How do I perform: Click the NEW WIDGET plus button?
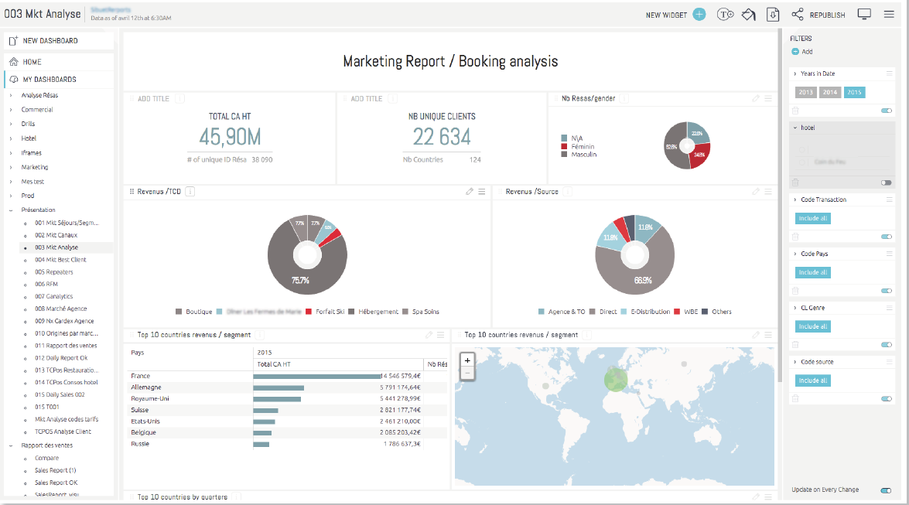click(x=699, y=15)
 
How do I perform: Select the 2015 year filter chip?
click(x=854, y=92)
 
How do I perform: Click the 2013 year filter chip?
click(x=806, y=92)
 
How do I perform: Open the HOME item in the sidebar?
click(x=32, y=62)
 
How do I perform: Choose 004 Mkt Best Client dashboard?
click(x=60, y=260)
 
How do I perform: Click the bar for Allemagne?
click(x=279, y=387)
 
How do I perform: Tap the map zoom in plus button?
click(x=467, y=360)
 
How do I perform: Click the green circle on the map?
click(x=616, y=378)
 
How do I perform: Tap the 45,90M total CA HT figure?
click(x=230, y=138)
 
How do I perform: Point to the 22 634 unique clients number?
click(x=442, y=138)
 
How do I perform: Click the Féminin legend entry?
click(x=582, y=146)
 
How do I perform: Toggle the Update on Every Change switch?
click(x=885, y=490)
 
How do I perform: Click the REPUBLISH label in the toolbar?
click(x=827, y=15)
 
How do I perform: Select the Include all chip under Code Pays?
click(x=812, y=272)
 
